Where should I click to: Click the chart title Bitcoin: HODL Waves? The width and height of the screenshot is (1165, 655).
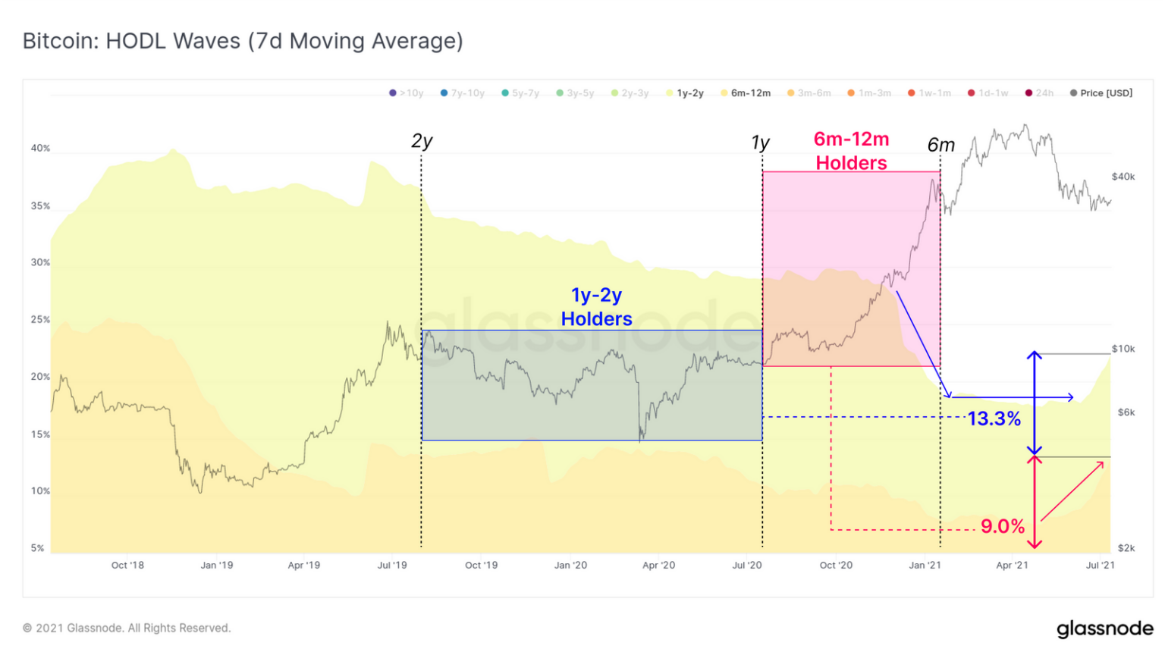[243, 41]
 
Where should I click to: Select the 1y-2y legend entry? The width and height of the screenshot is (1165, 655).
[689, 93]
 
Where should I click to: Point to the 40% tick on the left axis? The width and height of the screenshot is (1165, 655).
[40, 149]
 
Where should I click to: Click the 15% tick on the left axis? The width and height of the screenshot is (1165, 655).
[40, 434]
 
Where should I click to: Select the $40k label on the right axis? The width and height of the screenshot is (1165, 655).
[1123, 177]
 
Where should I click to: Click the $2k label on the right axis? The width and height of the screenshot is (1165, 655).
[1126, 547]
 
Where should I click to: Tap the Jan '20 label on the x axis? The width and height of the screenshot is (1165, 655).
[570, 565]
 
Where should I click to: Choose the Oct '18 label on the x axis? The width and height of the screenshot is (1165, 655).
[127, 565]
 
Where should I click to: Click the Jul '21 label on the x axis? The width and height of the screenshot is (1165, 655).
[1100, 565]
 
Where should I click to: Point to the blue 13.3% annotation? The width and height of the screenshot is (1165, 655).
[994, 418]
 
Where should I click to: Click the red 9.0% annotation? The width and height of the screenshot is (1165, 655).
[1002, 526]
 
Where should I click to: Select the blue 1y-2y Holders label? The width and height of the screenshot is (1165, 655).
[596, 307]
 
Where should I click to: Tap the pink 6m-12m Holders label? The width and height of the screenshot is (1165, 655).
[851, 151]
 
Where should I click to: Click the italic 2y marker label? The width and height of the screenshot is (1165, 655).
[422, 141]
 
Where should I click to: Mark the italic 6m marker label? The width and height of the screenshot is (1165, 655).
[940, 145]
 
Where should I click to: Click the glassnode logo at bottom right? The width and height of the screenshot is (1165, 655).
[1104, 628]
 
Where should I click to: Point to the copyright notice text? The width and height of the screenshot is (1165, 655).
[127, 628]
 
